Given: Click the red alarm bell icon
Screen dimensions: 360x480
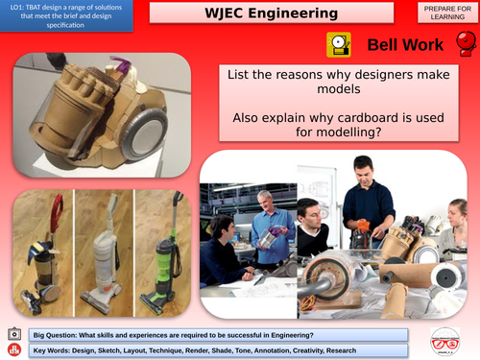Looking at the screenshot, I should [x=465, y=44].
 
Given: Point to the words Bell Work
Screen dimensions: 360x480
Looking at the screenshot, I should [x=405, y=45].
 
